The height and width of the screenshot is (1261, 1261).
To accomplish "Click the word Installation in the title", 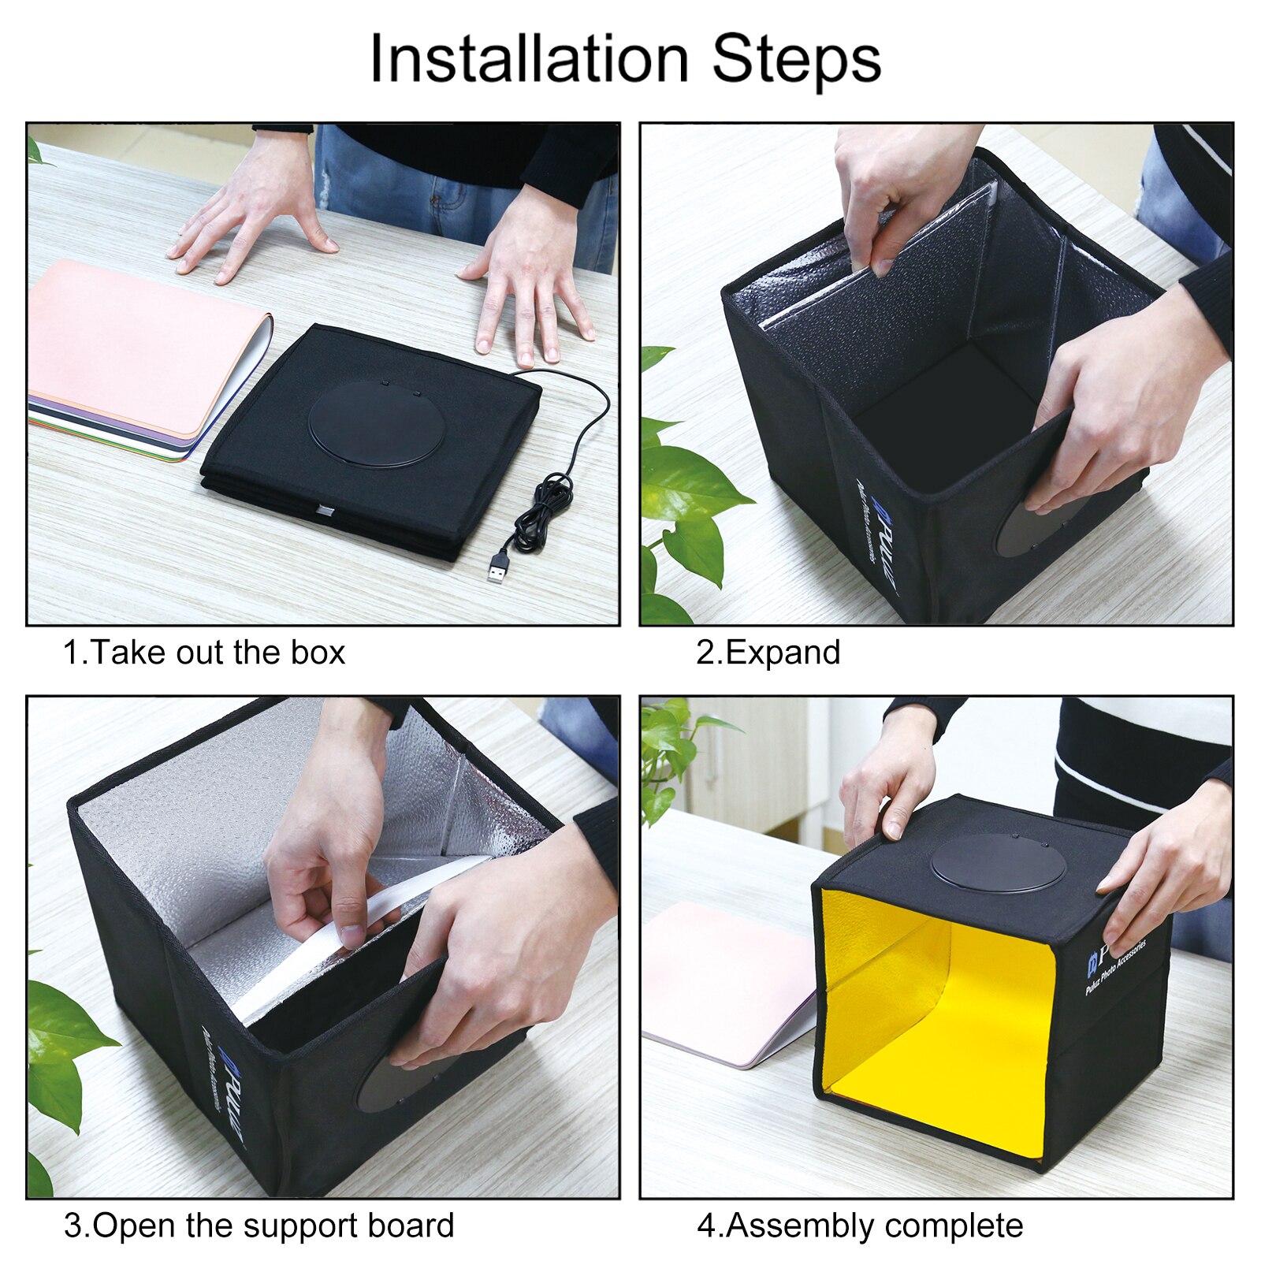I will [529, 60].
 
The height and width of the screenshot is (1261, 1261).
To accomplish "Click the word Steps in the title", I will [796, 60].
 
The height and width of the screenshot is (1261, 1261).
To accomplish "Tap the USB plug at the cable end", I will [497, 565].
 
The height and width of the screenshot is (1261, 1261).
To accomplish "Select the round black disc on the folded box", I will [377, 422].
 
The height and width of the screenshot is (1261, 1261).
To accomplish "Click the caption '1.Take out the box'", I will [203, 653].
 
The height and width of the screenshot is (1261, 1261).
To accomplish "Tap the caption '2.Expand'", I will [768, 653].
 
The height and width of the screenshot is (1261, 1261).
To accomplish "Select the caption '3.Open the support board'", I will [259, 1226].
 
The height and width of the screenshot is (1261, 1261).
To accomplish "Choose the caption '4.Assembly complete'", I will [859, 1226].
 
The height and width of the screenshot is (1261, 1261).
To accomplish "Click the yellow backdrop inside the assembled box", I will [938, 1017].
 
